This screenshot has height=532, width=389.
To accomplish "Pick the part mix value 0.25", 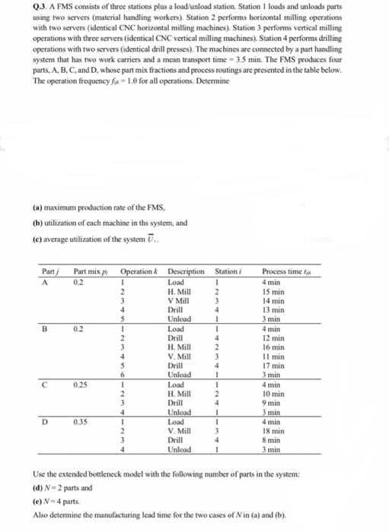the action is [81, 385].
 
